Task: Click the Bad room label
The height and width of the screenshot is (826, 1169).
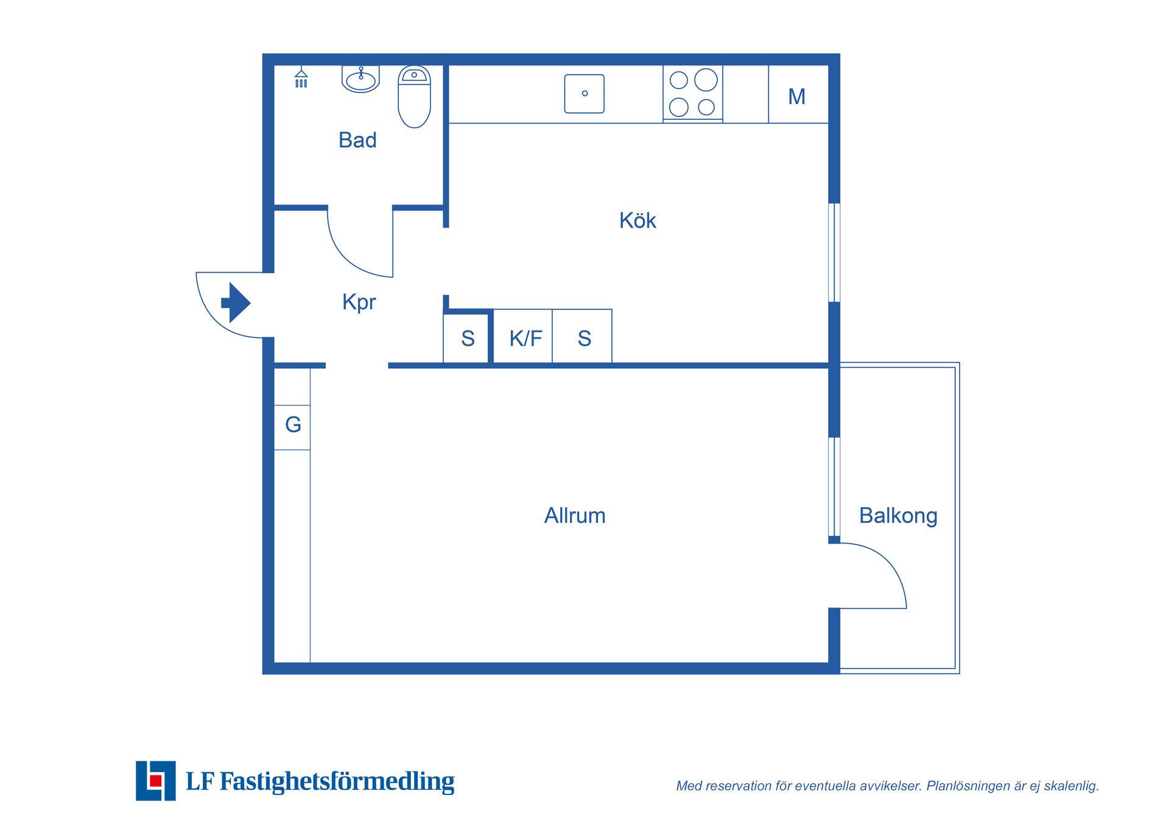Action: tap(357, 140)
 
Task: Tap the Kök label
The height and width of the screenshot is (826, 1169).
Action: tap(637, 220)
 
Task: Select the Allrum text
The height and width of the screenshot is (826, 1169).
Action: tap(575, 516)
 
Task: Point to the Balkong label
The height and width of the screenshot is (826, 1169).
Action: tap(898, 516)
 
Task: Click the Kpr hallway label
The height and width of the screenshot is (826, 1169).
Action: tap(359, 303)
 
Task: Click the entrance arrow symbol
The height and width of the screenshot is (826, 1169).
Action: tap(236, 303)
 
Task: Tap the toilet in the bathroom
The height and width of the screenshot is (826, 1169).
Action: tap(414, 97)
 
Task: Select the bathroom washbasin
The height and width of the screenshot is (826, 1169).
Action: tap(360, 79)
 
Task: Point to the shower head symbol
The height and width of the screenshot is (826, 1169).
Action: tap(301, 77)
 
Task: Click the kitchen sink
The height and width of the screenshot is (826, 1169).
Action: tap(584, 94)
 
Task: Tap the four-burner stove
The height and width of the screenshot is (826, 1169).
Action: tap(693, 94)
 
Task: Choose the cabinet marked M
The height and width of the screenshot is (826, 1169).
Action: tap(798, 94)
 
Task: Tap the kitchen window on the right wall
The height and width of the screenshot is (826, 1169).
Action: tap(834, 253)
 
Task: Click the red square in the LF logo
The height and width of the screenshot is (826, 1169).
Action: tap(155, 781)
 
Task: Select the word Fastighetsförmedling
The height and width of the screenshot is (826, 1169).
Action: tap(337, 782)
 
